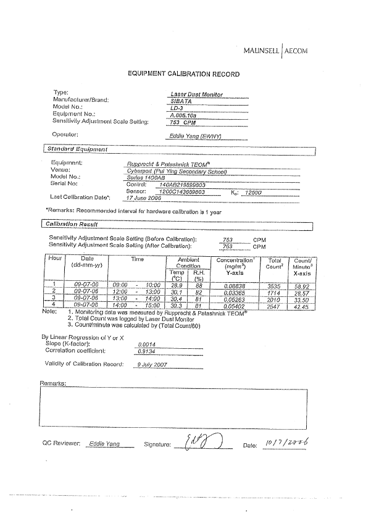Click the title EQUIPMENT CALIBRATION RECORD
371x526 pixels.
[183, 74]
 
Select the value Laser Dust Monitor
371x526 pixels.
[197, 94]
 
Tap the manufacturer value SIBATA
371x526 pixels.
[182, 101]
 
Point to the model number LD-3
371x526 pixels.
[178, 107]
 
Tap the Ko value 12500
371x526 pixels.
[254, 192]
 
